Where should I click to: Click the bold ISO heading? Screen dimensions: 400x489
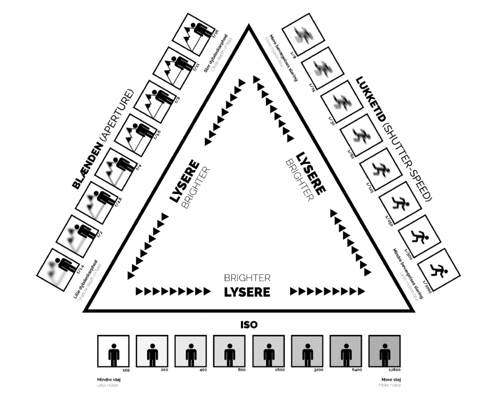(249, 325)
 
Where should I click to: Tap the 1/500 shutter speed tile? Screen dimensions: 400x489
(418, 237)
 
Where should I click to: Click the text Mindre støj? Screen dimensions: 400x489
(107, 379)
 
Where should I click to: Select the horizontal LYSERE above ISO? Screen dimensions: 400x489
(247, 292)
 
